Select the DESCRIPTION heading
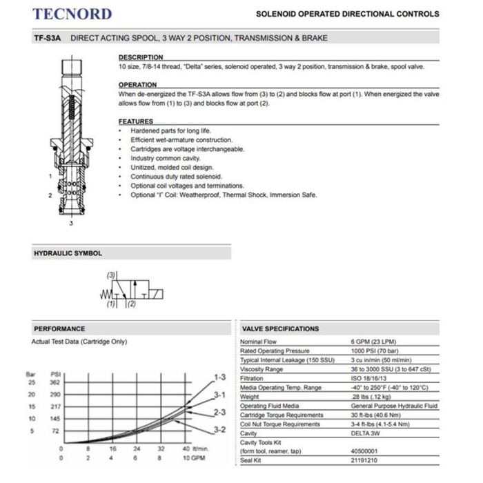pos(141,57)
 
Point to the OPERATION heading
pos(138,85)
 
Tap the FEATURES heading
pos(136,121)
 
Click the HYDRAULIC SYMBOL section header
pos(68,253)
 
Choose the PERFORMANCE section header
pos(59,328)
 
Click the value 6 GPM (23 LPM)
pos(377,343)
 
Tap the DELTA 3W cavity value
pos(366,433)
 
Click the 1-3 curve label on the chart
pos(219,377)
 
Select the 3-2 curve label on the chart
pos(219,430)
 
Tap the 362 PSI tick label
pos(55,382)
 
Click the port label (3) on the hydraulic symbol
pos(110,275)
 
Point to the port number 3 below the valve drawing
pos(71,223)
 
